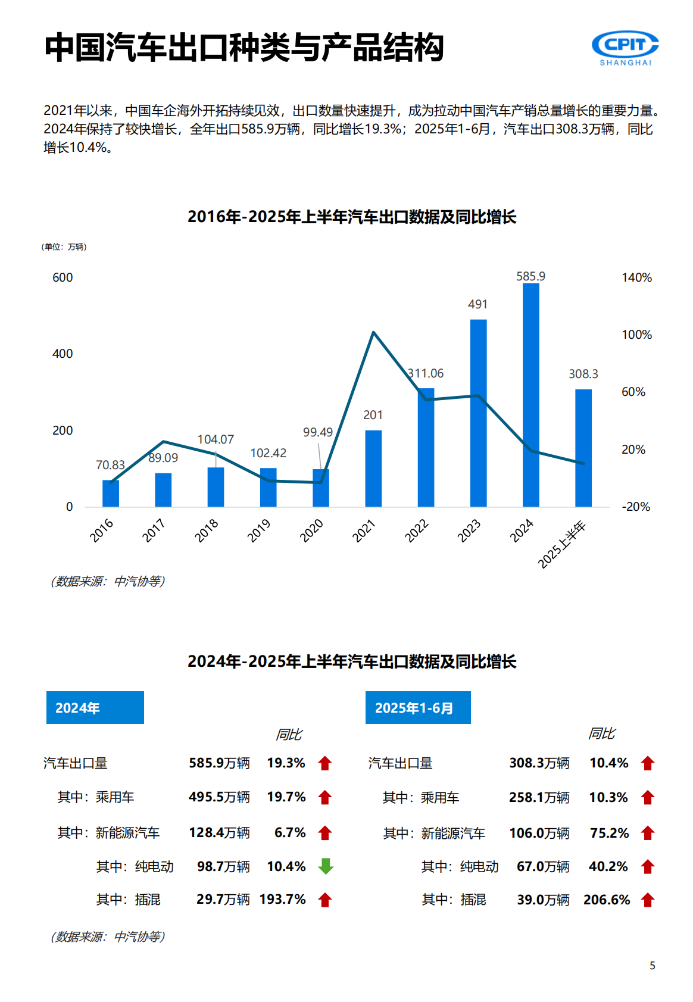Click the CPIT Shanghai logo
click(x=625, y=48)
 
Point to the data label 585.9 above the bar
click(x=530, y=276)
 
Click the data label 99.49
click(x=318, y=432)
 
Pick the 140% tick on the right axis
click(x=636, y=277)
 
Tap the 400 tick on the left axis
click(x=63, y=354)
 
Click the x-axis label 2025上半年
click(x=563, y=544)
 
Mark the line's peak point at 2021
click(x=373, y=332)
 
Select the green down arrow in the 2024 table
click(x=325, y=866)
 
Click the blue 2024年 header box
click(x=95, y=707)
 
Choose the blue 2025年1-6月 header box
click(x=418, y=707)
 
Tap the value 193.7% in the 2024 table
click(x=282, y=899)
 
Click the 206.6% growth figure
click(x=607, y=900)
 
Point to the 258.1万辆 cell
click(x=539, y=797)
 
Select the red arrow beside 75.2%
click(x=648, y=833)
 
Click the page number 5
click(x=653, y=966)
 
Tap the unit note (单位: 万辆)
click(x=64, y=247)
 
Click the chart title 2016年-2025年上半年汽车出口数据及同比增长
click(x=351, y=217)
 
